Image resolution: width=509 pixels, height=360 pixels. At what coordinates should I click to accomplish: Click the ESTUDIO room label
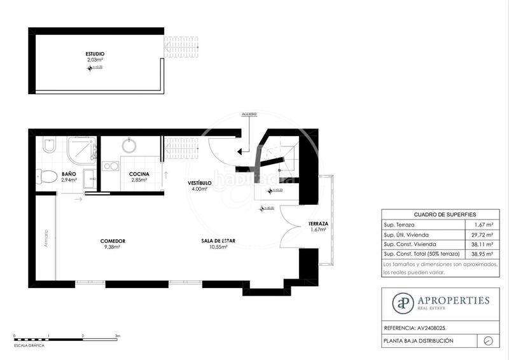point(95,54)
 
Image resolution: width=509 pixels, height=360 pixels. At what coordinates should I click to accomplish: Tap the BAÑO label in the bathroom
point(69,174)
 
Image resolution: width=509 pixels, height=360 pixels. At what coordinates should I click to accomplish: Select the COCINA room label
point(139,174)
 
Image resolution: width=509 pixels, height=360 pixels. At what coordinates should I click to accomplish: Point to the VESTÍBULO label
point(199,183)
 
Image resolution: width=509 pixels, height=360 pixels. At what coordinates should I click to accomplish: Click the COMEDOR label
point(112,241)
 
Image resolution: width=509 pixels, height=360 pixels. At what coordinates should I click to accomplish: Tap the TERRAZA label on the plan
point(317,224)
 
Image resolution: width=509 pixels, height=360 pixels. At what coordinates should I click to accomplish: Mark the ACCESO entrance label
point(249,114)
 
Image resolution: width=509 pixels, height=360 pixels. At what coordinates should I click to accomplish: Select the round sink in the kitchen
point(129,146)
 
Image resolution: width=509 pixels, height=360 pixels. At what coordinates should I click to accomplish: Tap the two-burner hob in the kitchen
point(111,166)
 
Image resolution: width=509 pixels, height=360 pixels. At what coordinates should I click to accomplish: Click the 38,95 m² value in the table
point(485,253)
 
